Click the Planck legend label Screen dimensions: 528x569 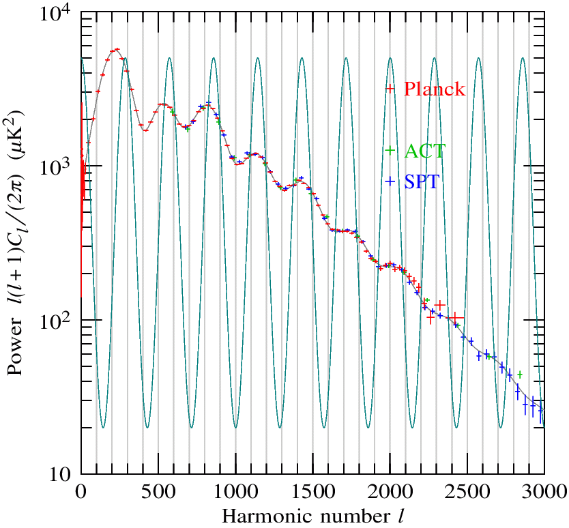435,89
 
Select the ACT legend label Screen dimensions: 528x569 424,151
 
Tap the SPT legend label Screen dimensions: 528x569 422,182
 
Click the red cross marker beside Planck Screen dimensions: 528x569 390,89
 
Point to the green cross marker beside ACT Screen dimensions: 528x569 390,150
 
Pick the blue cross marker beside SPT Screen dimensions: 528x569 390,181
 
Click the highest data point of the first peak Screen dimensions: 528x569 117,49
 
